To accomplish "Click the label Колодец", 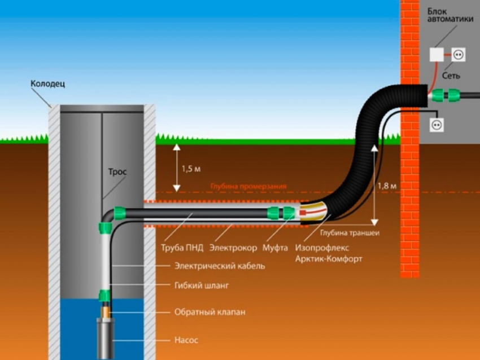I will (48, 84).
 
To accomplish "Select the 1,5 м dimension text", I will (191, 169).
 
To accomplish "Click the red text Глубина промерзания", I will (249, 186).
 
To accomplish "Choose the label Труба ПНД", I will (178, 247).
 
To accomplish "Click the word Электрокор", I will (233, 247).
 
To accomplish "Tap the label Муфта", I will (275, 247).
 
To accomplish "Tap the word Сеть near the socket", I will (451, 75).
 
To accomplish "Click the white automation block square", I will (436, 54).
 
